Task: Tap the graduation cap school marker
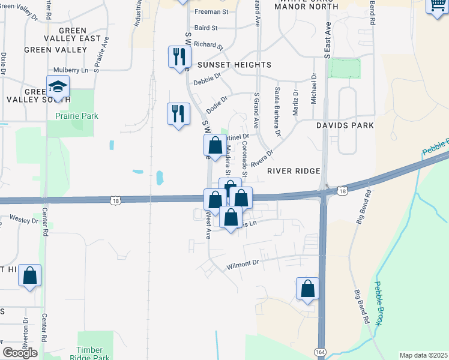pyautogui.click(x=58, y=88)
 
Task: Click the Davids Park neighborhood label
pyautogui.click(x=345, y=125)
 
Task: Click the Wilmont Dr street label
pyautogui.click(x=243, y=263)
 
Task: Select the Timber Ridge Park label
pyautogui.click(x=95, y=353)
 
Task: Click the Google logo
pyautogui.click(x=20, y=353)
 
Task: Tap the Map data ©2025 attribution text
pyautogui.click(x=423, y=355)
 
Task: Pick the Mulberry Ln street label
pyautogui.click(x=70, y=70)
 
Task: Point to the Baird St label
pyautogui.click(x=205, y=28)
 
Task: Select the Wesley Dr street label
pyautogui.click(x=24, y=220)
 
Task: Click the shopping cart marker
pyautogui.click(x=436, y=6)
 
